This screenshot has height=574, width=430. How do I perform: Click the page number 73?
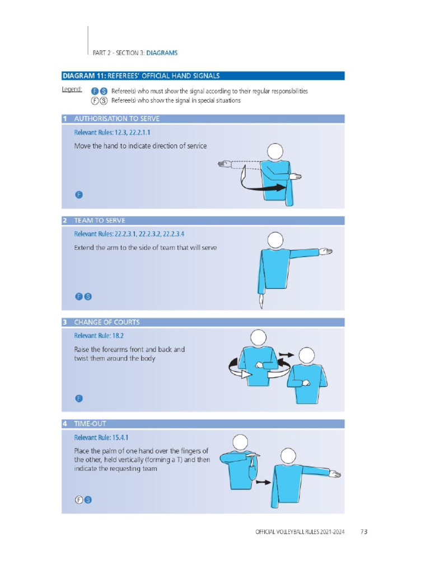[x=363, y=531]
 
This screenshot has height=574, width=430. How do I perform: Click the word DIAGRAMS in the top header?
[x=162, y=53]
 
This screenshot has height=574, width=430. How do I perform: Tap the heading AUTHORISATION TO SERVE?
[x=116, y=119]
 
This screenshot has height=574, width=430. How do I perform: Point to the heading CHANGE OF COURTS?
[x=107, y=322]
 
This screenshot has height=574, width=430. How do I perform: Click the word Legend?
[x=72, y=90]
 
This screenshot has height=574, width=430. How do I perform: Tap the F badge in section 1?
[x=79, y=195]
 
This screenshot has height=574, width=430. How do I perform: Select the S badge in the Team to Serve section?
[x=88, y=297]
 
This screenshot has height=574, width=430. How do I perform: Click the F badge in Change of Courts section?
[x=79, y=399]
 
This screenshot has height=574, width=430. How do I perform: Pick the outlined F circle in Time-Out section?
[x=79, y=500]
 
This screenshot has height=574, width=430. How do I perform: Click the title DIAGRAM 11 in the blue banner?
[x=83, y=76]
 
